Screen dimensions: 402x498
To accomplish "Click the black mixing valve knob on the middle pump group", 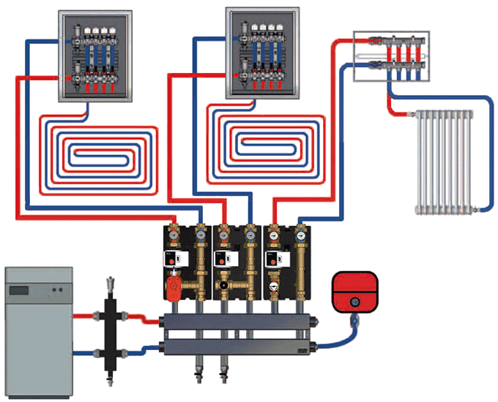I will [x=224, y=286].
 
